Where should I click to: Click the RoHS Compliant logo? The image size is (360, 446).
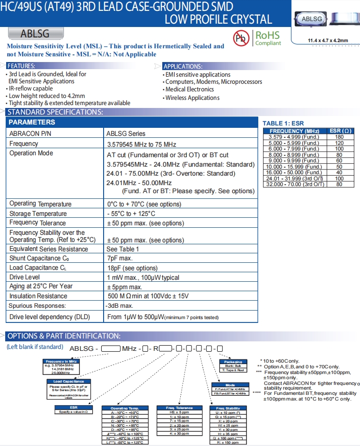(268, 38)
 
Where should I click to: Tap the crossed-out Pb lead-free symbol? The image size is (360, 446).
(240, 38)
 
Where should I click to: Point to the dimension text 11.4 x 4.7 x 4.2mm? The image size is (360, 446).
(327, 40)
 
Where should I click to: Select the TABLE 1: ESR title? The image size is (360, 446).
(283, 123)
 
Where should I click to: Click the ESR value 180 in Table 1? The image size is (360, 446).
(339, 137)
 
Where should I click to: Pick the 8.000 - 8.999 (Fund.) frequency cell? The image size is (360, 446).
(293, 155)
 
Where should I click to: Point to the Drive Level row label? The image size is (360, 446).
(25, 277)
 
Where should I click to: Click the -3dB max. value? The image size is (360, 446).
(120, 306)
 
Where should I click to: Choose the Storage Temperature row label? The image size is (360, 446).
(38, 214)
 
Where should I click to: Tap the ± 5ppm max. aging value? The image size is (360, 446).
(125, 287)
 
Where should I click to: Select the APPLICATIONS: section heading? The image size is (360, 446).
(183, 66)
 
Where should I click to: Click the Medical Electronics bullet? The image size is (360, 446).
(190, 89)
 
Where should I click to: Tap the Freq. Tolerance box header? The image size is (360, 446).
(179, 408)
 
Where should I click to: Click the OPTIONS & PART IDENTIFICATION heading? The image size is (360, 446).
(64, 336)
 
